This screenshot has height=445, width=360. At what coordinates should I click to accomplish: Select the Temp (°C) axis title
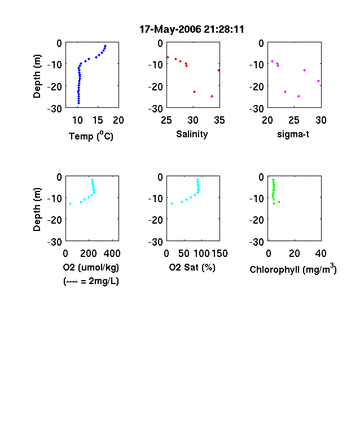[x=91, y=136]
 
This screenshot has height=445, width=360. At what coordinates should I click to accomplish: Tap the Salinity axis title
[x=192, y=134]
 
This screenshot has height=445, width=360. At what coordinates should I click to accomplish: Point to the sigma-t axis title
[x=293, y=134]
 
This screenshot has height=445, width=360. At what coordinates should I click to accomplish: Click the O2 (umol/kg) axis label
[x=91, y=267]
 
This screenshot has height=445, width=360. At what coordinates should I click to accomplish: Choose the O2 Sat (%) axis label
[x=192, y=267]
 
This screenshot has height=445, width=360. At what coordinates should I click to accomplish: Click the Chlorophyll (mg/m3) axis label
[x=293, y=268]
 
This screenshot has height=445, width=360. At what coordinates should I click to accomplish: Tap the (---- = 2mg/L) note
[x=91, y=281]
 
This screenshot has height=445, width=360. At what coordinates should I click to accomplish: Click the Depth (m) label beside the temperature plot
[x=37, y=76]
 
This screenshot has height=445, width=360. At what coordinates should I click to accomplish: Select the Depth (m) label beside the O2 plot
[x=37, y=210]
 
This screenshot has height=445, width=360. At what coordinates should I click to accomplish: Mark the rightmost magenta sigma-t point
[x=319, y=81]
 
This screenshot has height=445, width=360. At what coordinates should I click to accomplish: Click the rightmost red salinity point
[x=218, y=71]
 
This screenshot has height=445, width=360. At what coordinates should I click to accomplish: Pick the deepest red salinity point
[x=212, y=97]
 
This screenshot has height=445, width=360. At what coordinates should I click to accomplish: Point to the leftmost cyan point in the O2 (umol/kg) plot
[x=71, y=203]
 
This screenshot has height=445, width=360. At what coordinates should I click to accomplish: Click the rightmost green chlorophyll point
[x=279, y=202]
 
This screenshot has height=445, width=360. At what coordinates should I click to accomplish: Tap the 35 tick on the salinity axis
[x=219, y=120]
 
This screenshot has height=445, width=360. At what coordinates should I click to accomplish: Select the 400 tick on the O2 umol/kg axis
[x=112, y=254]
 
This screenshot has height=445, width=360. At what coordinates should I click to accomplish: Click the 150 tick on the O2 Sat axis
[x=219, y=254]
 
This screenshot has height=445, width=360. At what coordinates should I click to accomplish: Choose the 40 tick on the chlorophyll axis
[x=321, y=254]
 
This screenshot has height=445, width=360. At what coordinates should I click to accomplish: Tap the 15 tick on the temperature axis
[x=98, y=120]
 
